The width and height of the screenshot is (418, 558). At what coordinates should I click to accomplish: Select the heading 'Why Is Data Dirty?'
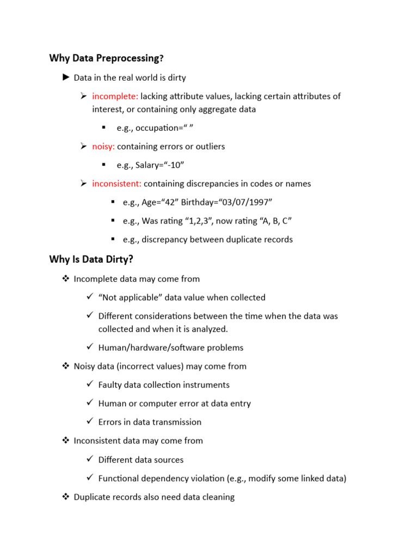91,259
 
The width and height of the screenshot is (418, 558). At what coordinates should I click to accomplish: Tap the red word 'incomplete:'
115,96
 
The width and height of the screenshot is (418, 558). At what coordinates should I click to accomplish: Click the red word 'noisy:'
103,147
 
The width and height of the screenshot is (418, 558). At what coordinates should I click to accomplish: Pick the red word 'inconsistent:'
117,184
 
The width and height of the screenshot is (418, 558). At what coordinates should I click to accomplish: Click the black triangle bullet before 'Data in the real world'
66,78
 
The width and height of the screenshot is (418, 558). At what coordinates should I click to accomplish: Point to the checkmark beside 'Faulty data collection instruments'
90,385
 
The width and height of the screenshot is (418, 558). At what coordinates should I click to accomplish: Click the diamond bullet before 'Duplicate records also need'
66,497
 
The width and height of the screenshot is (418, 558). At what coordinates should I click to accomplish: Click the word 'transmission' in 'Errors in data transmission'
177,422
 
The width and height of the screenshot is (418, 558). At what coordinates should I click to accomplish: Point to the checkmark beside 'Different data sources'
90,459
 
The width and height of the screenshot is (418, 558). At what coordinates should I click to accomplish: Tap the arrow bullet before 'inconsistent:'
84,184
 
